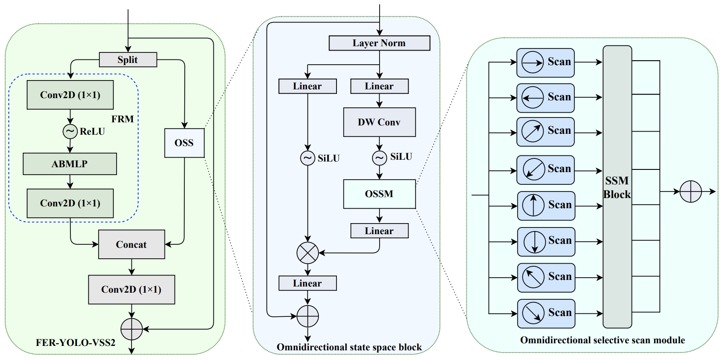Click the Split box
pos(128,59)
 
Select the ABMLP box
pos(70,164)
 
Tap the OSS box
pos(184,143)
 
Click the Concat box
pos(132,244)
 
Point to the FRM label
pos(122,119)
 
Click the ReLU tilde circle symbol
pos(70,131)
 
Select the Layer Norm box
pos(379,43)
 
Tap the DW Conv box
pos(379,122)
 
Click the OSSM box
pos(379,194)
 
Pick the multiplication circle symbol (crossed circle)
pos(307,253)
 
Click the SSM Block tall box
pos(617,187)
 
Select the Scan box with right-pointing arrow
pos(545,62)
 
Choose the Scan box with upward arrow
pos(546,206)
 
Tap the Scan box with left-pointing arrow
pos(545,98)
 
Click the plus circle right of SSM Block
pos(691,191)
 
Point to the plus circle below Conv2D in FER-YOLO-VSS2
pos(132,329)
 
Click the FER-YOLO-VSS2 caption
pos(76,342)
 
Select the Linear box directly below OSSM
pos(379,231)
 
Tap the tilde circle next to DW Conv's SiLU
pos(379,158)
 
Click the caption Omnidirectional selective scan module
pos(602,340)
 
